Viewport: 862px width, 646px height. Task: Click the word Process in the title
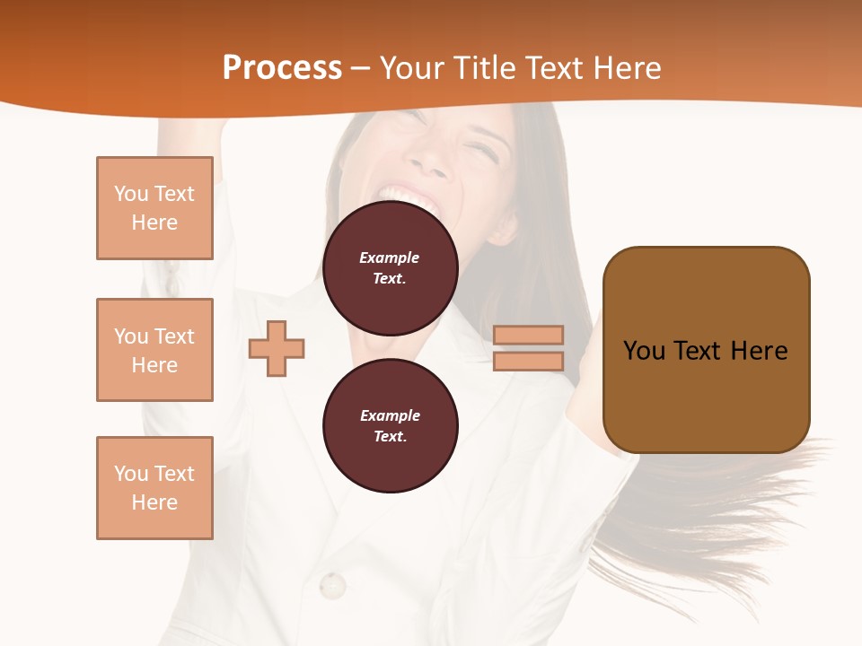[282, 68]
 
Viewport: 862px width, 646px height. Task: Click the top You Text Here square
[154, 208]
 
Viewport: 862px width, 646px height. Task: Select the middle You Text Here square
[154, 350]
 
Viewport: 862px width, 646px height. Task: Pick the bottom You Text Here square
[154, 488]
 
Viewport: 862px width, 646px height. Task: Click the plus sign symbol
[277, 348]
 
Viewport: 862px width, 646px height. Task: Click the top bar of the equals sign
[529, 335]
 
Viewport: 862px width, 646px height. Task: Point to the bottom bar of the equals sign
[529, 362]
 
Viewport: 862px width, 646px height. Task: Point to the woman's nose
[432, 159]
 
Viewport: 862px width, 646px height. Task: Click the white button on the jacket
[332, 586]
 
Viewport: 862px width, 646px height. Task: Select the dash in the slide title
[361, 69]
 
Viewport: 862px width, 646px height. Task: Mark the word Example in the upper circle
[389, 258]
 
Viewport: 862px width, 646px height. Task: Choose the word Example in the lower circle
[390, 415]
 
